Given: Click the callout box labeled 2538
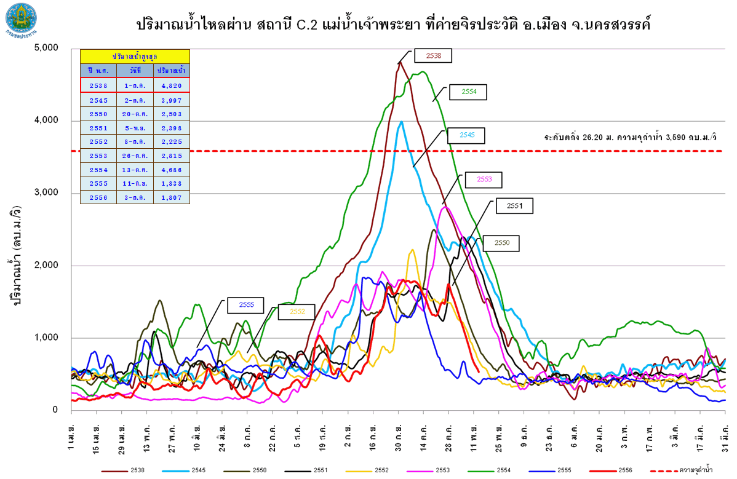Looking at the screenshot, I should pyautogui.click(x=433, y=55).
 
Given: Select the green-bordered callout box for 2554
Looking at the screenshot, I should pyautogui.click(x=468, y=92).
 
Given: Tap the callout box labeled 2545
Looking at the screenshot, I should pyautogui.click(x=466, y=135).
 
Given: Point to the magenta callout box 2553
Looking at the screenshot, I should pyautogui.click(x=484, y=180).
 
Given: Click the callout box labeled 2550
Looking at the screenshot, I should pyautogui.click(x=502, y=243).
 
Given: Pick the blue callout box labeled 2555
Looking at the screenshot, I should pyautogui.click(x=245, y=304).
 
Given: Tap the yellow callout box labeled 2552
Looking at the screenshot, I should pyautogui.click(x=297, y=312).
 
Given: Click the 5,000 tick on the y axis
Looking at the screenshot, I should pyautogui.click(x=46, y=48).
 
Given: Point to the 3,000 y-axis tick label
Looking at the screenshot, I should pyautogui.click(x=46, y=193).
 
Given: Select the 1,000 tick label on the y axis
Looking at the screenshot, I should pyautogui.click(x=46, y=338).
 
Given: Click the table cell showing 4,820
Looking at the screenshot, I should pyautogui.click(x=172, y=85).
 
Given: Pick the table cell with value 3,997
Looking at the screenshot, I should pyautogui.click(x=172, y=100).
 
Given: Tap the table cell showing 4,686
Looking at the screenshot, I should pyautogui.click(x=172, y=170).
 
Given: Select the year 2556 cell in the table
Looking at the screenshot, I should pyautogui.click(x=98, y=197).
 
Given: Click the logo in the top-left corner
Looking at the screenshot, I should pyautogui.click(x=20, y=18).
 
